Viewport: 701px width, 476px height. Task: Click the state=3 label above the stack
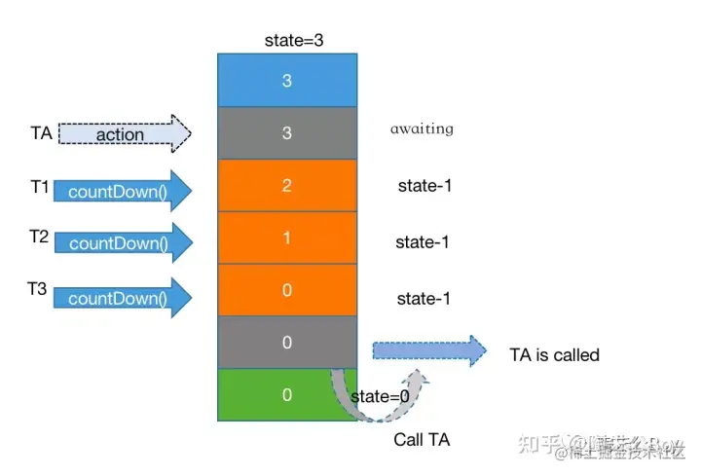293,40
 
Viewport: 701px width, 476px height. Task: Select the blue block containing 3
286,81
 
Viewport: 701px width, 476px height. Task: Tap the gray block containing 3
286,133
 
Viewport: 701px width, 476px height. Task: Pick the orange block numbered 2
286,186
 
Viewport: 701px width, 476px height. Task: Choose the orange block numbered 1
286,238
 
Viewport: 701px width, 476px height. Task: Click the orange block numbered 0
286,290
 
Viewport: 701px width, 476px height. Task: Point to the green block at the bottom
286,395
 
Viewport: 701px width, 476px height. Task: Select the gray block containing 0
286,343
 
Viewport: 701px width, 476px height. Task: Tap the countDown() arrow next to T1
123,191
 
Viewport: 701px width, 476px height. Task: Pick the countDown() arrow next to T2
123,242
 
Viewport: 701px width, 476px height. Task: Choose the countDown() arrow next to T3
123,298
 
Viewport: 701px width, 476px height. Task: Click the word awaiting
422,128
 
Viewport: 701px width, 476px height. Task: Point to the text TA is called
554,355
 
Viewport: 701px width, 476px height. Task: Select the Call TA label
422,440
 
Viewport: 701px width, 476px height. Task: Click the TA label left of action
41,131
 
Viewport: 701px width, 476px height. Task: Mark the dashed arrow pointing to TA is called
428,350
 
